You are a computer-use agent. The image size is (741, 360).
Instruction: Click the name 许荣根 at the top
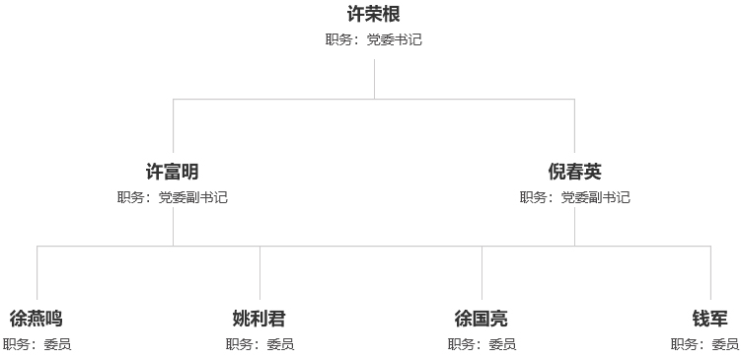click(x=374, y=15)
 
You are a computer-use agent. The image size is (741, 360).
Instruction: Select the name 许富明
click(x=173, y=172)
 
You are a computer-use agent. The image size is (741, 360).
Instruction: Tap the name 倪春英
click(x=574, y=172)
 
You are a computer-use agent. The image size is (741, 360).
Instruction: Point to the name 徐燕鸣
click(x=37, y=319)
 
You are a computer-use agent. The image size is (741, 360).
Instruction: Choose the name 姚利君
click(x=259, y=319)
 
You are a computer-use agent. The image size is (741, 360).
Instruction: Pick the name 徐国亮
click(x=482, y=319)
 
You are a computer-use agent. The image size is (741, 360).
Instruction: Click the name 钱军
click(x=710, y=319)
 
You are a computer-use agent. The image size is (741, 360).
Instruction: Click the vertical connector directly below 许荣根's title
click(x=374, y=79)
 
